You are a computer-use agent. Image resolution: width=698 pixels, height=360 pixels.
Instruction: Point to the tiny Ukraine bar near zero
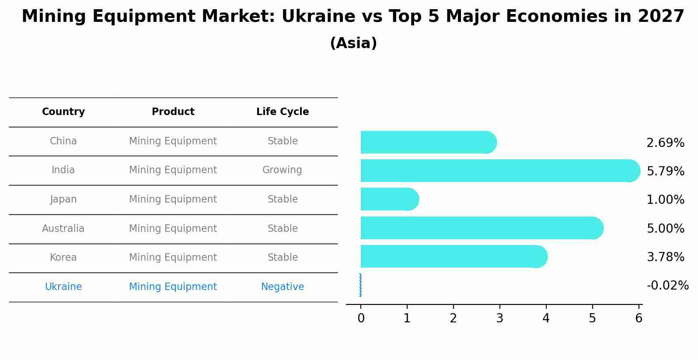[x=360, y=285]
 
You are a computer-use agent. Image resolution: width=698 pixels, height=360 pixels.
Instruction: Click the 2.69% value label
[x=665, y=143]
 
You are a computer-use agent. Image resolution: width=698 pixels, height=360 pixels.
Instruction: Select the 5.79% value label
[x=665, y=171]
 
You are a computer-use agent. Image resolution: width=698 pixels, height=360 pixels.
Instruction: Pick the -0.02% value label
[x=667, y=286]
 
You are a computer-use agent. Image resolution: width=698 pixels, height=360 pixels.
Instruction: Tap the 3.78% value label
[x=665, y=257]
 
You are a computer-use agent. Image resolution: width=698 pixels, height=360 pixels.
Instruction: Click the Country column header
[x=63, y=112]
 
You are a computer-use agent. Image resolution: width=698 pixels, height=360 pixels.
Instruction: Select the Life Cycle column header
[x=283, y=112]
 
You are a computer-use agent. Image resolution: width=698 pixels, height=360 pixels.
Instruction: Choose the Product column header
[x=173, y=112]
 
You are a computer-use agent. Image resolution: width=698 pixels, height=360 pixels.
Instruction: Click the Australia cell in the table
[x=63, y=228]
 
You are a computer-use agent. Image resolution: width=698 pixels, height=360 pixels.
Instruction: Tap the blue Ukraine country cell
[x=63, y=287]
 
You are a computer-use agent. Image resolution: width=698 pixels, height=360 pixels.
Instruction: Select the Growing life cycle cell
[x=282, y=170]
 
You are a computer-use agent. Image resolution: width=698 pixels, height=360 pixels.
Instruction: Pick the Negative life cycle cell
[x=282, y=287]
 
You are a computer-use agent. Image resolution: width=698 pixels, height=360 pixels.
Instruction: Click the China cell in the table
[x=63, y=141]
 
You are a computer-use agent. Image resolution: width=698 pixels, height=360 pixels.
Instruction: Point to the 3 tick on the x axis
[x=499, y=318]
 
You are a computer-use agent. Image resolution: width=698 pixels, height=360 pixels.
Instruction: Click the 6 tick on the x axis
[x=639, y=318]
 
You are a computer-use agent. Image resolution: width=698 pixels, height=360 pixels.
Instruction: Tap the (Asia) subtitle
[x=353, y=43]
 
